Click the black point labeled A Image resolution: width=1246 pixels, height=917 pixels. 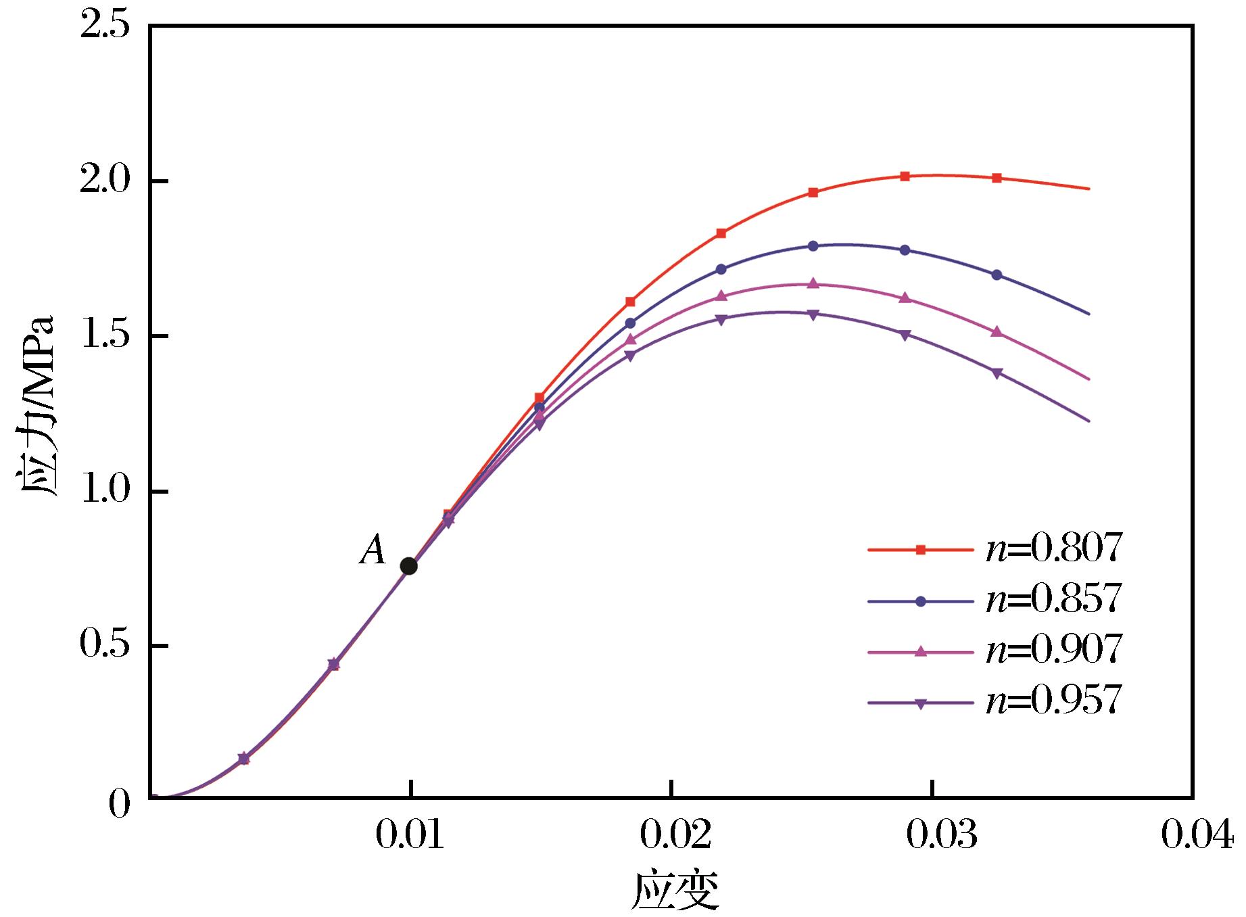pos(408,566)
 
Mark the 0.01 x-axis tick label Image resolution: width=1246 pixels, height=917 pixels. pos(410,837)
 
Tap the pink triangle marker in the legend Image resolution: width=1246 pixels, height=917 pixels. pos(920,651)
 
